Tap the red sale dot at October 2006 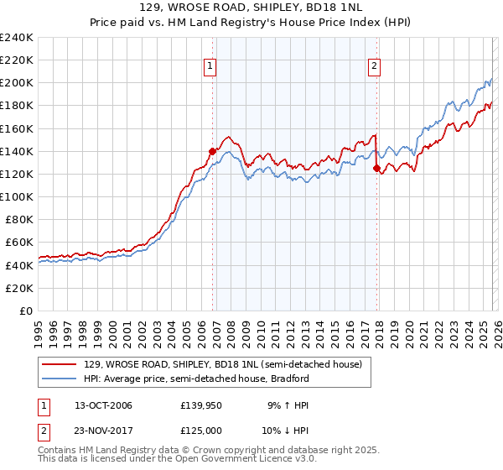212,151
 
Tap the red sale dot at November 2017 376,168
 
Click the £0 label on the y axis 25,311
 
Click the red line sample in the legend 60,364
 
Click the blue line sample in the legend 60,379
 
